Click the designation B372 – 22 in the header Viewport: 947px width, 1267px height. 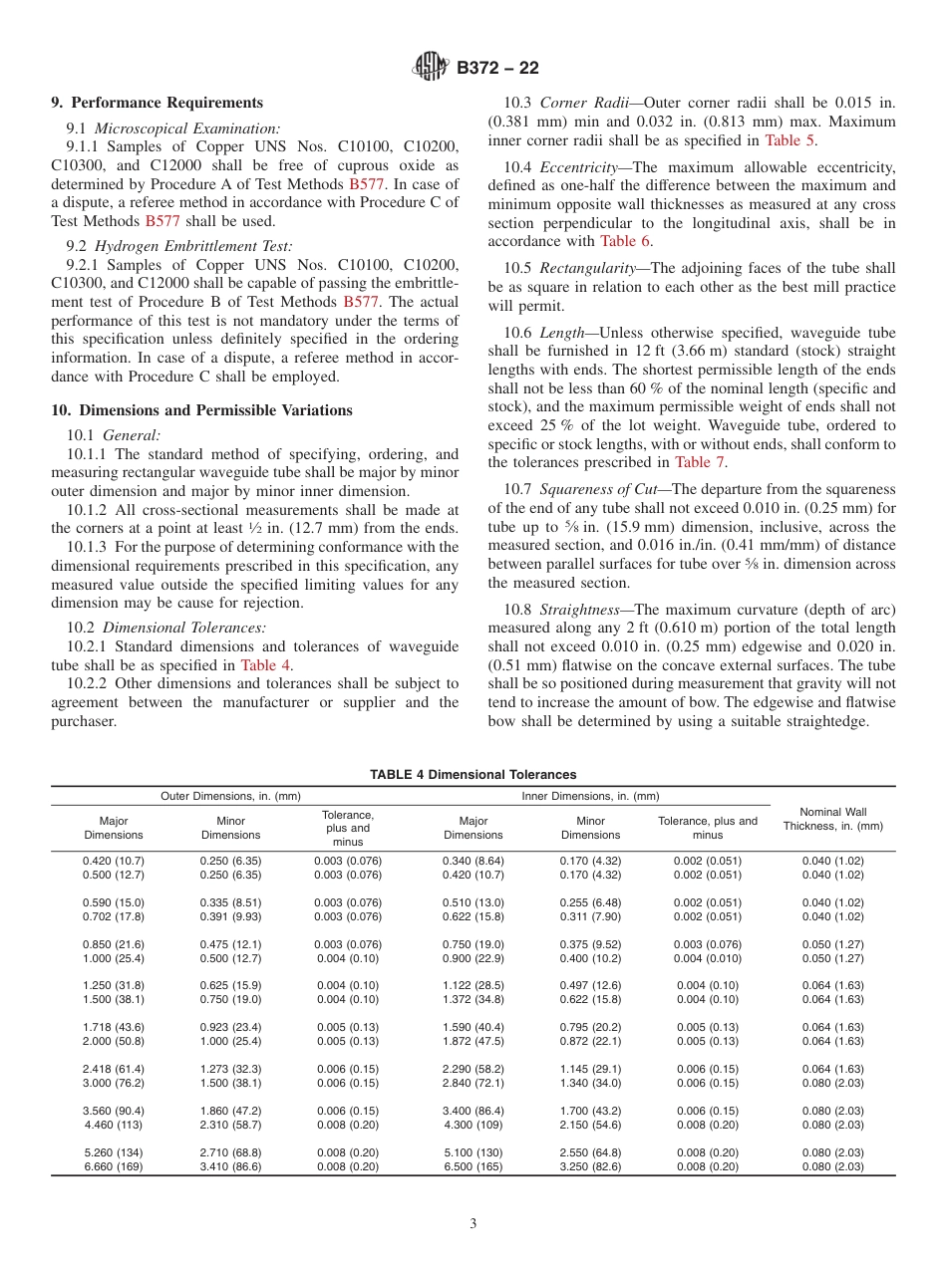497,68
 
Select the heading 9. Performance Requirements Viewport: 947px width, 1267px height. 157,103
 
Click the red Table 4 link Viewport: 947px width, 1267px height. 266,665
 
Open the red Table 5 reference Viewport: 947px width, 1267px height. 790,140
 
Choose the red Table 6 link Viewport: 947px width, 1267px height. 625,240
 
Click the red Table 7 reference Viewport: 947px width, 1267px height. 700,461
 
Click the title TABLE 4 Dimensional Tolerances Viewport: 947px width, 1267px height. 473,774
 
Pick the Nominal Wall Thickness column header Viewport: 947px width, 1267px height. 832,819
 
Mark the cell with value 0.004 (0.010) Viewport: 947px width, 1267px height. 708,958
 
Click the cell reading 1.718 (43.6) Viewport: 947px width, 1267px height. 113,1027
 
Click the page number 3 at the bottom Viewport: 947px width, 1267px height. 473,1225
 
